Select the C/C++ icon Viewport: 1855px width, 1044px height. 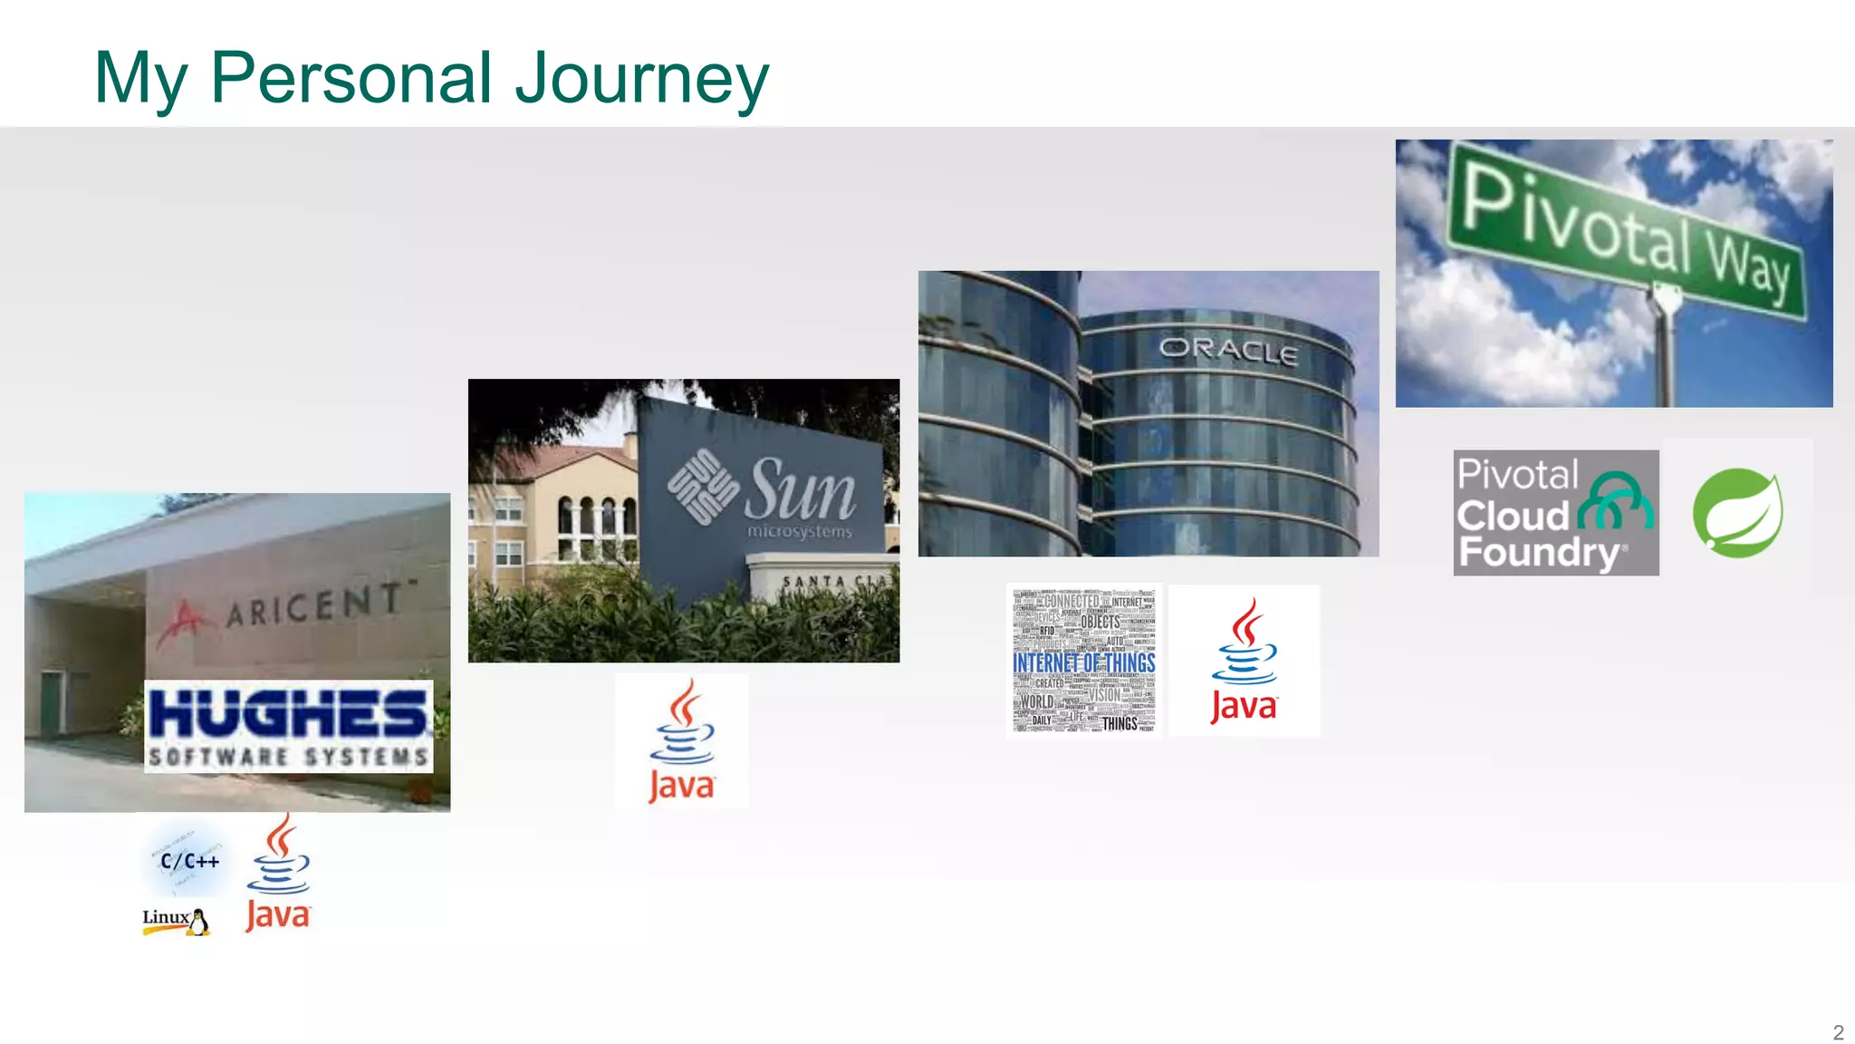(x=188, y=861)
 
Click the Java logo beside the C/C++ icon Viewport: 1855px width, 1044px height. (x=279, y=874)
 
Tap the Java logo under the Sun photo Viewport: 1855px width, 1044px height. (x=682, y=741)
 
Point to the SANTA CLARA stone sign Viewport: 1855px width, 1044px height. (x=824, y=582)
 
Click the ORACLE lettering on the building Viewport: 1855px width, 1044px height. (x=1228, y=351)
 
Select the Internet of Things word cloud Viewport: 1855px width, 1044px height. (x=1084, y=661)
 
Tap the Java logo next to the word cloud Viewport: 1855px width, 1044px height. (x=1245, y=661)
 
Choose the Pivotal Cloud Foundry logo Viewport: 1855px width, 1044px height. (x=1556, y=513)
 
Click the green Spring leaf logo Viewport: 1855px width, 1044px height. (x=1737, y=512)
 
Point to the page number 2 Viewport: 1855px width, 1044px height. (x=1838, y=1032)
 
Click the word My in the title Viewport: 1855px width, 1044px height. (x=140, y=80)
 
